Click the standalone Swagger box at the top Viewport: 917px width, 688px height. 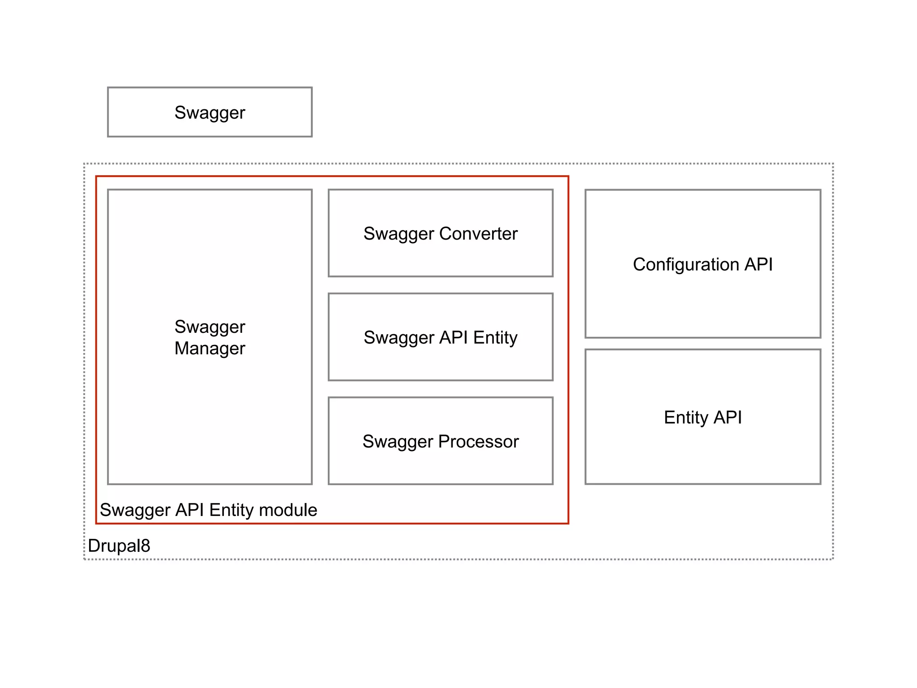210,112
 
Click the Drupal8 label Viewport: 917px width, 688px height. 119,546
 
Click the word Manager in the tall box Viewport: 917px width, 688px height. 210,348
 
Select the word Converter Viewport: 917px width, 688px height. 478,233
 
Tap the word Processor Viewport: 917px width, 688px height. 478,441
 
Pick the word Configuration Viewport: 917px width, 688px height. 686,264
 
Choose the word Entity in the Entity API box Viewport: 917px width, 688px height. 686,417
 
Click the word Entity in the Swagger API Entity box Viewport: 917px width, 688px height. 495,337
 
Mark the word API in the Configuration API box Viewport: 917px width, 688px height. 758,264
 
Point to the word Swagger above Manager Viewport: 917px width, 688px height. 210,327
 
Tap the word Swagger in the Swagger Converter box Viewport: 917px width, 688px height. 399,234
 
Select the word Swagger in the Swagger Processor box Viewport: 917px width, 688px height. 398,442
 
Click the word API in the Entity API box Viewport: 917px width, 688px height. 728,417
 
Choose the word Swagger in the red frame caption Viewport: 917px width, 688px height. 135,510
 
